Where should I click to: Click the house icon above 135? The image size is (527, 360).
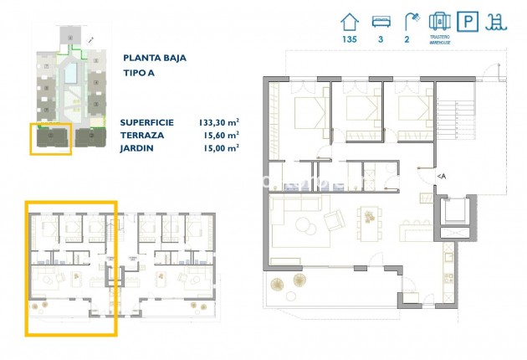(350, 21)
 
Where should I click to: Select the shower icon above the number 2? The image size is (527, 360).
(410, 21)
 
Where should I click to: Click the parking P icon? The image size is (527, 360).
(471, 21)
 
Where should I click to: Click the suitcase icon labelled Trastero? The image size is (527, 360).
(440, 21)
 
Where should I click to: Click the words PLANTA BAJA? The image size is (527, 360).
(154, 58)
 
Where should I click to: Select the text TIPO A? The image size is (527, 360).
(140, 73)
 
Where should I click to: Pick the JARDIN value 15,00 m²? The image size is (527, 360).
(220, 147)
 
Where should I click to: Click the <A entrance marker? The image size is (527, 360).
(441, 176)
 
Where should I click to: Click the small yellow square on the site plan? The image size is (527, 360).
(51, 138)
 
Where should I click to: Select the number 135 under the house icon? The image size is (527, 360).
(350, 39)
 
